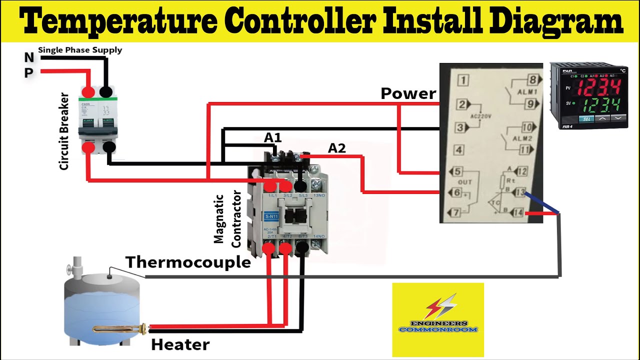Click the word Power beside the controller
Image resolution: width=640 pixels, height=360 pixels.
click(408, 93)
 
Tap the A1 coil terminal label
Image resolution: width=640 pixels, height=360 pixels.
click(272, 137)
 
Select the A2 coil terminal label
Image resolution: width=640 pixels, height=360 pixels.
click(336, 148)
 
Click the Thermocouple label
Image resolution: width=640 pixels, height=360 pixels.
click(188, 262)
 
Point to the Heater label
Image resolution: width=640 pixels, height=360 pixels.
click(180, 344)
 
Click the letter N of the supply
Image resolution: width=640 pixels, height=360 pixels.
click(29, 58)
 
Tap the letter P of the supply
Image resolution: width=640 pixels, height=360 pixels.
click(29, 73)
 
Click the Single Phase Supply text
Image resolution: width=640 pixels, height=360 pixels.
click(80, 50)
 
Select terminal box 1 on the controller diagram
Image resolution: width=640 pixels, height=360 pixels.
click(463, 80)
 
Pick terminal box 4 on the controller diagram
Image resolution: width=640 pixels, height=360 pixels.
click(459, 149)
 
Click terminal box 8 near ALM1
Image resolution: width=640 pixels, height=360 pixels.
click(533, 80)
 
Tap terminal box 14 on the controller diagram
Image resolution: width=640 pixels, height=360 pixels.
click(518, 213)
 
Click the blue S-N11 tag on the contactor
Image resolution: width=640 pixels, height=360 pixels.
click(271, 216)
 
